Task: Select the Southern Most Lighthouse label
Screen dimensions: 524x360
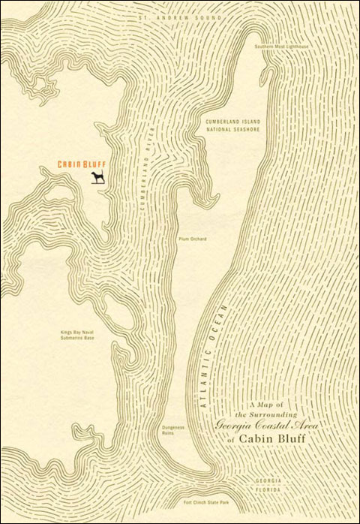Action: pyautogui.click(x=280, y=46)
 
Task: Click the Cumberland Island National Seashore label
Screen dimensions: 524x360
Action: pyautogui.click(x=232, y=125)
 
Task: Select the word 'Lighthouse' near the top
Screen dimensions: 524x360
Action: pyautogui.click(x=296, y=46)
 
